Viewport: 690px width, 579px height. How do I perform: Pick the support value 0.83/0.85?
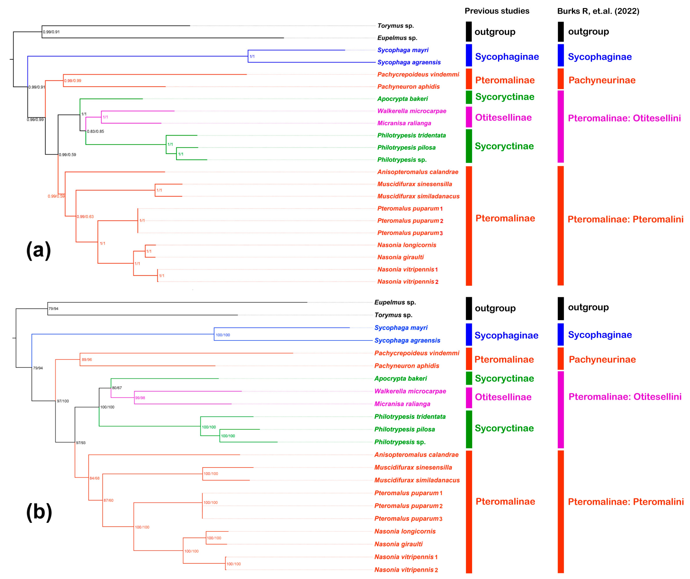coord(95,131)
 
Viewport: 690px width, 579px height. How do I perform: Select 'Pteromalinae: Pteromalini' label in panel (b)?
coord(625,502)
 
